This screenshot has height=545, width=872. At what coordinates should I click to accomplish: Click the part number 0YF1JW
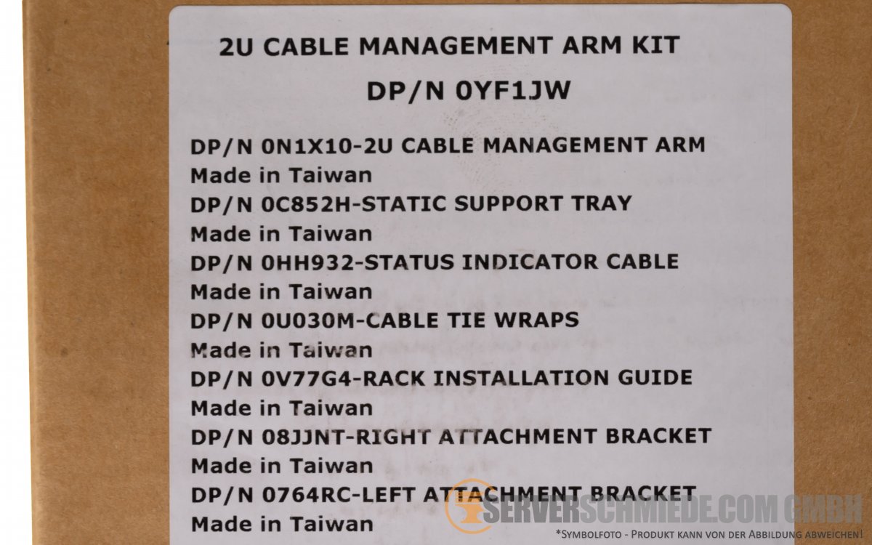[513, 91]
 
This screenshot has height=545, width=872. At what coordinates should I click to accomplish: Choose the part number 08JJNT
[304, 437]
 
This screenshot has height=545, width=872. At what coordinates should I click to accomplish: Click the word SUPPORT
[509, 203]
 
